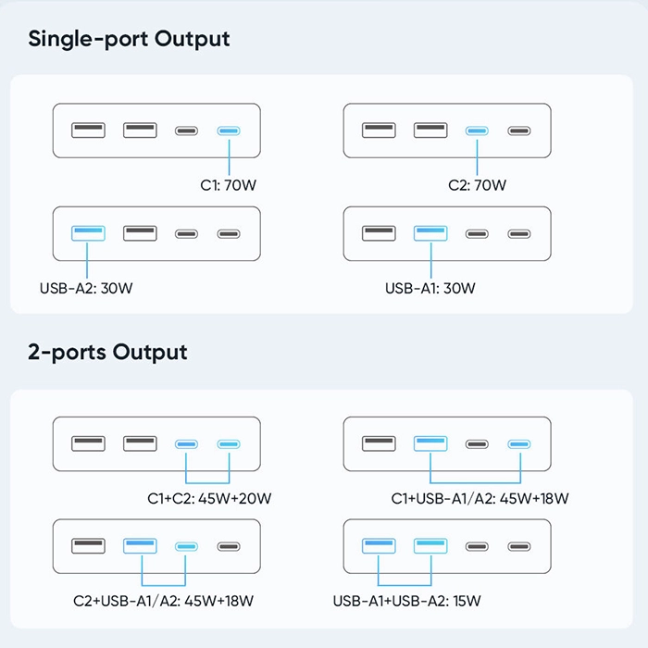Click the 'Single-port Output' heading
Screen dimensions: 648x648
129,40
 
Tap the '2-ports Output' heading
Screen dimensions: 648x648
107,353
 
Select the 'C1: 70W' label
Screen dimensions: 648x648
228,185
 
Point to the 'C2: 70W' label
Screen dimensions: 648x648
477,185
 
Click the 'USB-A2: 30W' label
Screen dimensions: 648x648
86,288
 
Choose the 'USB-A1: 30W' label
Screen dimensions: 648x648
430,288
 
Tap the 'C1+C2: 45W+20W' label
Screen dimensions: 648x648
209,498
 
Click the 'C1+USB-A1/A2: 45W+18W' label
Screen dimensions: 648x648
480,498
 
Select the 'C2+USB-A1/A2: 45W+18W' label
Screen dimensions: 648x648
163,601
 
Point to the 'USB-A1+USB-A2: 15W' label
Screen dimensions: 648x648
407,601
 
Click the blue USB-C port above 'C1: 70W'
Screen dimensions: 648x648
229,131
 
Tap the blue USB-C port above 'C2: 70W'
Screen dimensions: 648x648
477,131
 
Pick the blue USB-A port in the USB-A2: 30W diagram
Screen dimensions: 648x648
88,233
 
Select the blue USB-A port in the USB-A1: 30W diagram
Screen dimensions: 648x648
430,233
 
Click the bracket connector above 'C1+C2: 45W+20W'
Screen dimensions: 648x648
207,482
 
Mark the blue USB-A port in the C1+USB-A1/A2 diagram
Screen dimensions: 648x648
430,443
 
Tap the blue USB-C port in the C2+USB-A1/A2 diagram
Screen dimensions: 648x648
186,547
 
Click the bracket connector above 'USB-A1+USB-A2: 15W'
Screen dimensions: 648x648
405,585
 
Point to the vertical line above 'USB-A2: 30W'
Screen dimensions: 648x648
87,260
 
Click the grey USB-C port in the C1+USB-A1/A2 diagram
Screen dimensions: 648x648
477,444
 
